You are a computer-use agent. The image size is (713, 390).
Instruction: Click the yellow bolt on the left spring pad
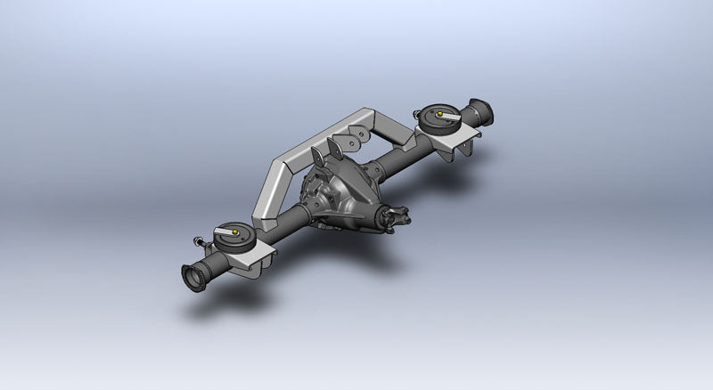[233, 235]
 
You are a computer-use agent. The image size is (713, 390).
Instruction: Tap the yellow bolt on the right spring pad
[437, 114]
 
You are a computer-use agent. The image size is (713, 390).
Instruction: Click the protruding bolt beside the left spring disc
[198, 240]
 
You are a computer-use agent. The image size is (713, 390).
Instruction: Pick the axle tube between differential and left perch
[283, 227]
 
